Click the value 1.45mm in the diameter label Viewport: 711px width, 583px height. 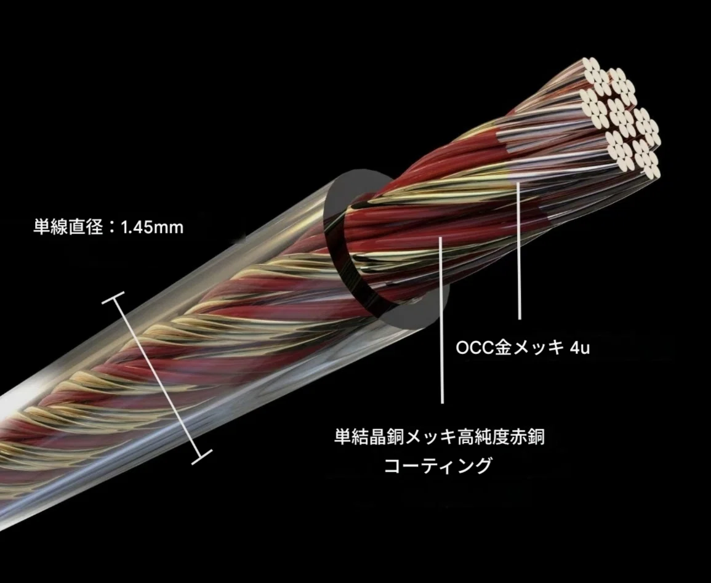(153, 227)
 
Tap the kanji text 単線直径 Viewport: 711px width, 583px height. (68, 227)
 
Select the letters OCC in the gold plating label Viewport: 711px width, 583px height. (474, 348)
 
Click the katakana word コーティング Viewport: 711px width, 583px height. (438, 465)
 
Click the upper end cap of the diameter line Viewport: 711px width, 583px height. (113, 299)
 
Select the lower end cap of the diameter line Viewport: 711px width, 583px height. (201, 457)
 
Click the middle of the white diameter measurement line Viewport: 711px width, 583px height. (157, 377)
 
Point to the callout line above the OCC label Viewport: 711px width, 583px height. (519, 249)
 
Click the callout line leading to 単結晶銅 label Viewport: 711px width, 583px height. (441, 320)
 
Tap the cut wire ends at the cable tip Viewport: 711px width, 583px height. (621, 118)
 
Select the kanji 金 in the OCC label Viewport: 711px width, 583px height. (503, 348)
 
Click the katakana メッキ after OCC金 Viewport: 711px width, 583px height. (538, 348)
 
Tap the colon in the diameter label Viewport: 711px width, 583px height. (112, 227)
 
